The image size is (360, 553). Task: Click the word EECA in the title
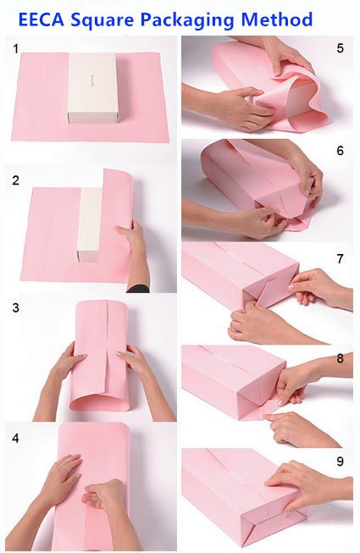click(x=41, y=19)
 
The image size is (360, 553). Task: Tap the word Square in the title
click(x=102, y=20)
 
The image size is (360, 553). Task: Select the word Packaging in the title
click(x=187, y=20)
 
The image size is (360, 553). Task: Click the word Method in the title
click(x=277, y=19)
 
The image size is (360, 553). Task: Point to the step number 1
click(x=15, y=49)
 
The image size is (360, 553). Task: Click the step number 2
click(x=15, y=180)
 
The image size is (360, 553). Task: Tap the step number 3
click(x=15, y=307)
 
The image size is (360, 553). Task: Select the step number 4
click(x=15, y=438)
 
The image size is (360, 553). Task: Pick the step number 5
click(x=340, y=48)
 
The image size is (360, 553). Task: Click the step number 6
click(x=340, y=151)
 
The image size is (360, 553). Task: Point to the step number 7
click(x=340, y=259)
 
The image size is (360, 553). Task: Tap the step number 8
click(x=340, y=358)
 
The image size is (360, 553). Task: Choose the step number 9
click(x=340, y=462)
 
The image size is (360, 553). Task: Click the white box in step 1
click(x=92, y=88)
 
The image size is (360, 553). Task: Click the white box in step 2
click(x=90, y=224)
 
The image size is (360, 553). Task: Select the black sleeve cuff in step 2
click(x=138, y=289)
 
